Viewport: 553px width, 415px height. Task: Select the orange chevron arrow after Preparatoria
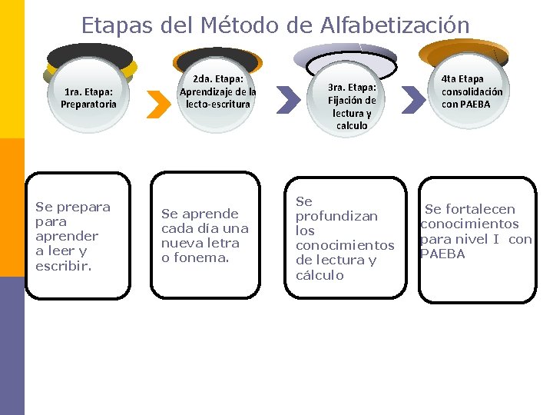[x=157, y=105]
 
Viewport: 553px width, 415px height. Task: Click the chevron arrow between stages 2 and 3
[x=288, y=99]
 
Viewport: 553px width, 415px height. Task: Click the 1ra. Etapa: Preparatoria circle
[x=89, y=96]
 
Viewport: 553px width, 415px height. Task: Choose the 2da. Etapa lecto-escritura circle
[x=217, y=90]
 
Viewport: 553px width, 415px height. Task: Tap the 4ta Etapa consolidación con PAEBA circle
[x=472, y=91]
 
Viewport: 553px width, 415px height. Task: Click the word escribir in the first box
[x=63, y=266]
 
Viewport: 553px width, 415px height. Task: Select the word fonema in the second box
[x=201, y=257]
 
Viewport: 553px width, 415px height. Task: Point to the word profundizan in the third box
[x=336, y=216]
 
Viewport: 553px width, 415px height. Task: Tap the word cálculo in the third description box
[x=320, y=275]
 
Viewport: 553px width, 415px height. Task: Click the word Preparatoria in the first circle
[x=89, y=104]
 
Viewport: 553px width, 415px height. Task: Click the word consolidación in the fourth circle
[x=472, y=91]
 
